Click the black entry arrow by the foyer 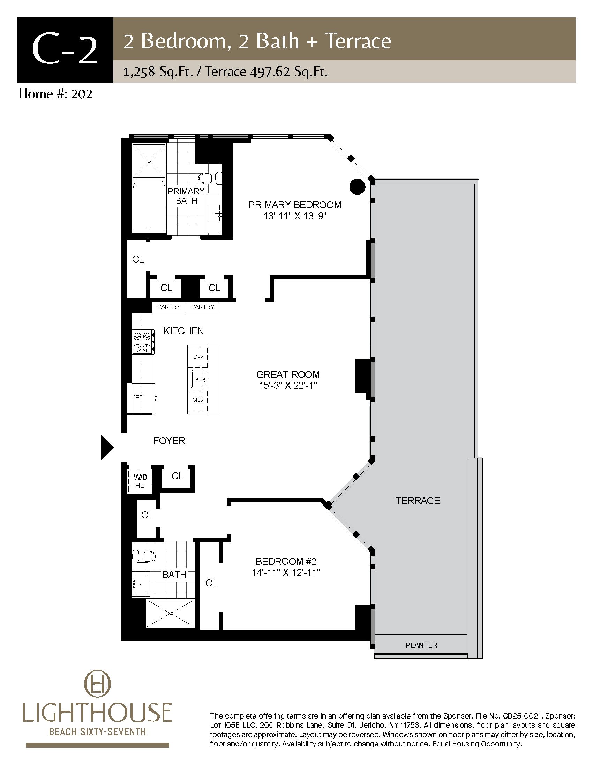[107, 447]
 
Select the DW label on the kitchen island [198, 356]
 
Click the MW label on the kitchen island [198, 400]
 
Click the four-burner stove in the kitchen [143, 342]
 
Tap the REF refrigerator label [137, 396]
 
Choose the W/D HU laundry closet [140, 481]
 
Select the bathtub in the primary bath [149, 206]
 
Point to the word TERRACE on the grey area [418, 500]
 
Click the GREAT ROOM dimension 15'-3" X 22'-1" [288, 386]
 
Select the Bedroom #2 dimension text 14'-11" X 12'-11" [286, 573]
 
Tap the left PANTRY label [168, 307]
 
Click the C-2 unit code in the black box [65, 50]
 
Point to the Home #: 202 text [55, 94]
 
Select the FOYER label [169, 441]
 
